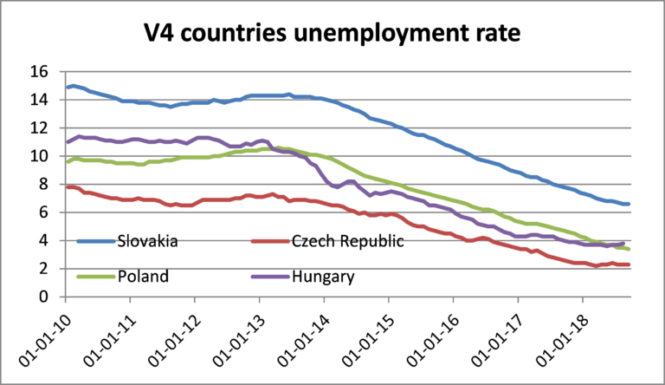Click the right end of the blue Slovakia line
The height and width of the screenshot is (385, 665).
(629, 204)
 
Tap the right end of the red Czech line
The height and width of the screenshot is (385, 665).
(629, 264)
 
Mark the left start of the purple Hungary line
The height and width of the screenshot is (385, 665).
(67, 141)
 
